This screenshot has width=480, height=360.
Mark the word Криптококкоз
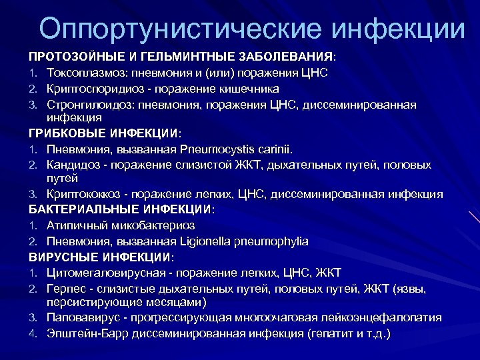84,194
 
